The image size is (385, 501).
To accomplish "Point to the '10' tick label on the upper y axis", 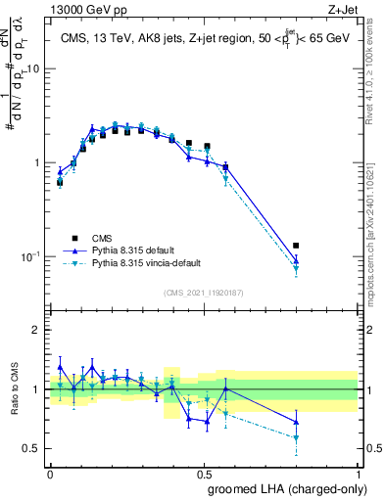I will pyautogui.click(x=33, y=68).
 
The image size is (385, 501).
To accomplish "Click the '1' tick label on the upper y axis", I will pyautogui.click(x=37, y=162).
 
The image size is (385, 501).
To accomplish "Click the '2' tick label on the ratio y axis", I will pyautogui.click(x=37, y=330).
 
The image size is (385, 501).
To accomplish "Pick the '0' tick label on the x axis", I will pyautogui.click(x=50, y=472).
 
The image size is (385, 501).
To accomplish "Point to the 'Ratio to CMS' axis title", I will pyautogui.click(x=14, y=389).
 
